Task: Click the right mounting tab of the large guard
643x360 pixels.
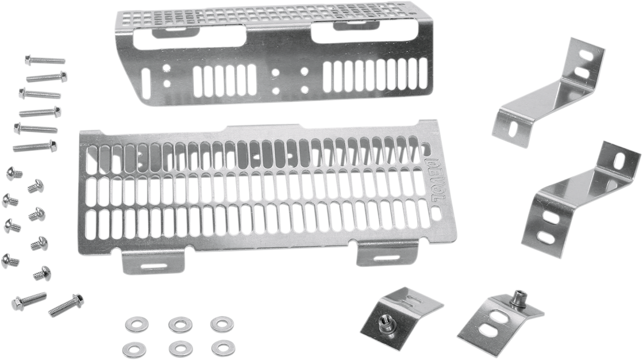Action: coord(387,254)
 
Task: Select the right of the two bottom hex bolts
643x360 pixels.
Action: coord(65,304)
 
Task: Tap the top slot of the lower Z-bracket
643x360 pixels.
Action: coord(619,160)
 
